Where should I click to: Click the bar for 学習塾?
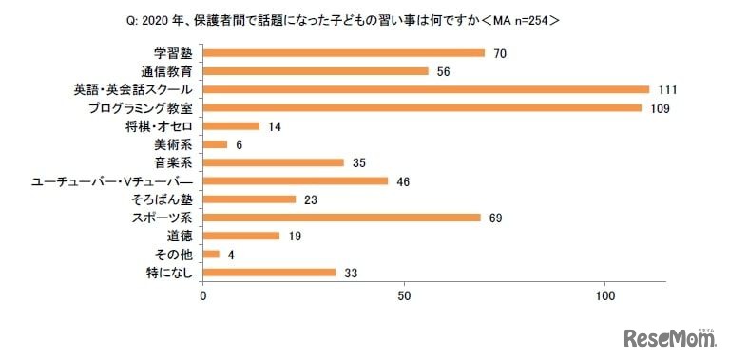344,53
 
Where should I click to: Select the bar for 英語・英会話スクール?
426,89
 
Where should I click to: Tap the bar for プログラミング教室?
422,108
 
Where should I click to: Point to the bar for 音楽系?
274,162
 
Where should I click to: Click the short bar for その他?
211,254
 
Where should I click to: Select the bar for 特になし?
270,273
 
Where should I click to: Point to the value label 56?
444,71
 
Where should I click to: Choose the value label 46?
404,180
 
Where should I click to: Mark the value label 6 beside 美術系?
240,144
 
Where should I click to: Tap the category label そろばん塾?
162,199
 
